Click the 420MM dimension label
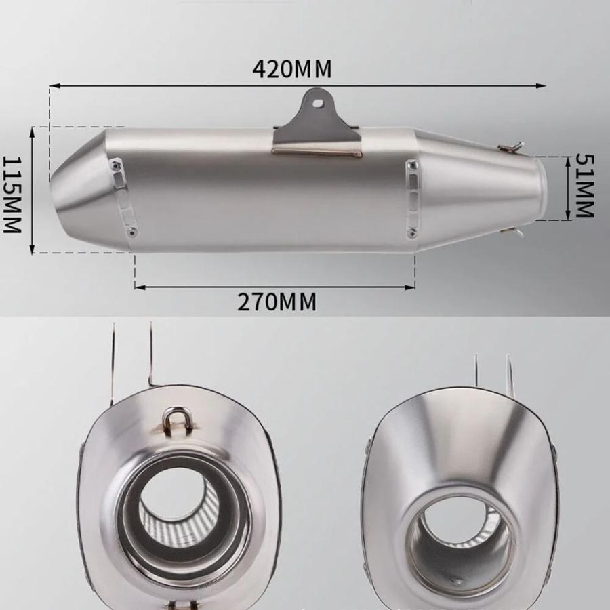[x=292, y=69]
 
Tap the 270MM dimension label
[x=277, y=302]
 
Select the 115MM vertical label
[x=12, y=195]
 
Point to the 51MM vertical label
[x=585, y=185]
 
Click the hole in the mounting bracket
[x=319, y=103]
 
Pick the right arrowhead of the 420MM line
[x=542, y=85]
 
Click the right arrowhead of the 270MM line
[x=410, y=287]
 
